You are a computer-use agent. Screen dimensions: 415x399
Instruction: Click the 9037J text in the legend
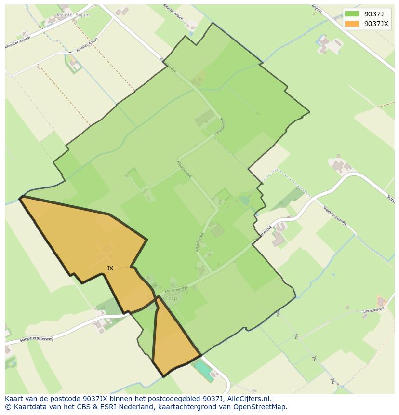coord(374,14)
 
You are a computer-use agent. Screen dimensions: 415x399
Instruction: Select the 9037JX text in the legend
coord(376,24)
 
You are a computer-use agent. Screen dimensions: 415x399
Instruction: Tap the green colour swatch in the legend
coord(352,14)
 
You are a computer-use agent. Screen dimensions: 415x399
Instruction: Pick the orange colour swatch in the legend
coord(352,24)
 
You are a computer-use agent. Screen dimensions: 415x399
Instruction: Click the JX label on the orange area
coord(110,268)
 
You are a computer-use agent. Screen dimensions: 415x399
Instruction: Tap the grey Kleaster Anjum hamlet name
coord(73,15)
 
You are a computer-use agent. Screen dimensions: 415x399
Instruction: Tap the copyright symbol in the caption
coord(8,407)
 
